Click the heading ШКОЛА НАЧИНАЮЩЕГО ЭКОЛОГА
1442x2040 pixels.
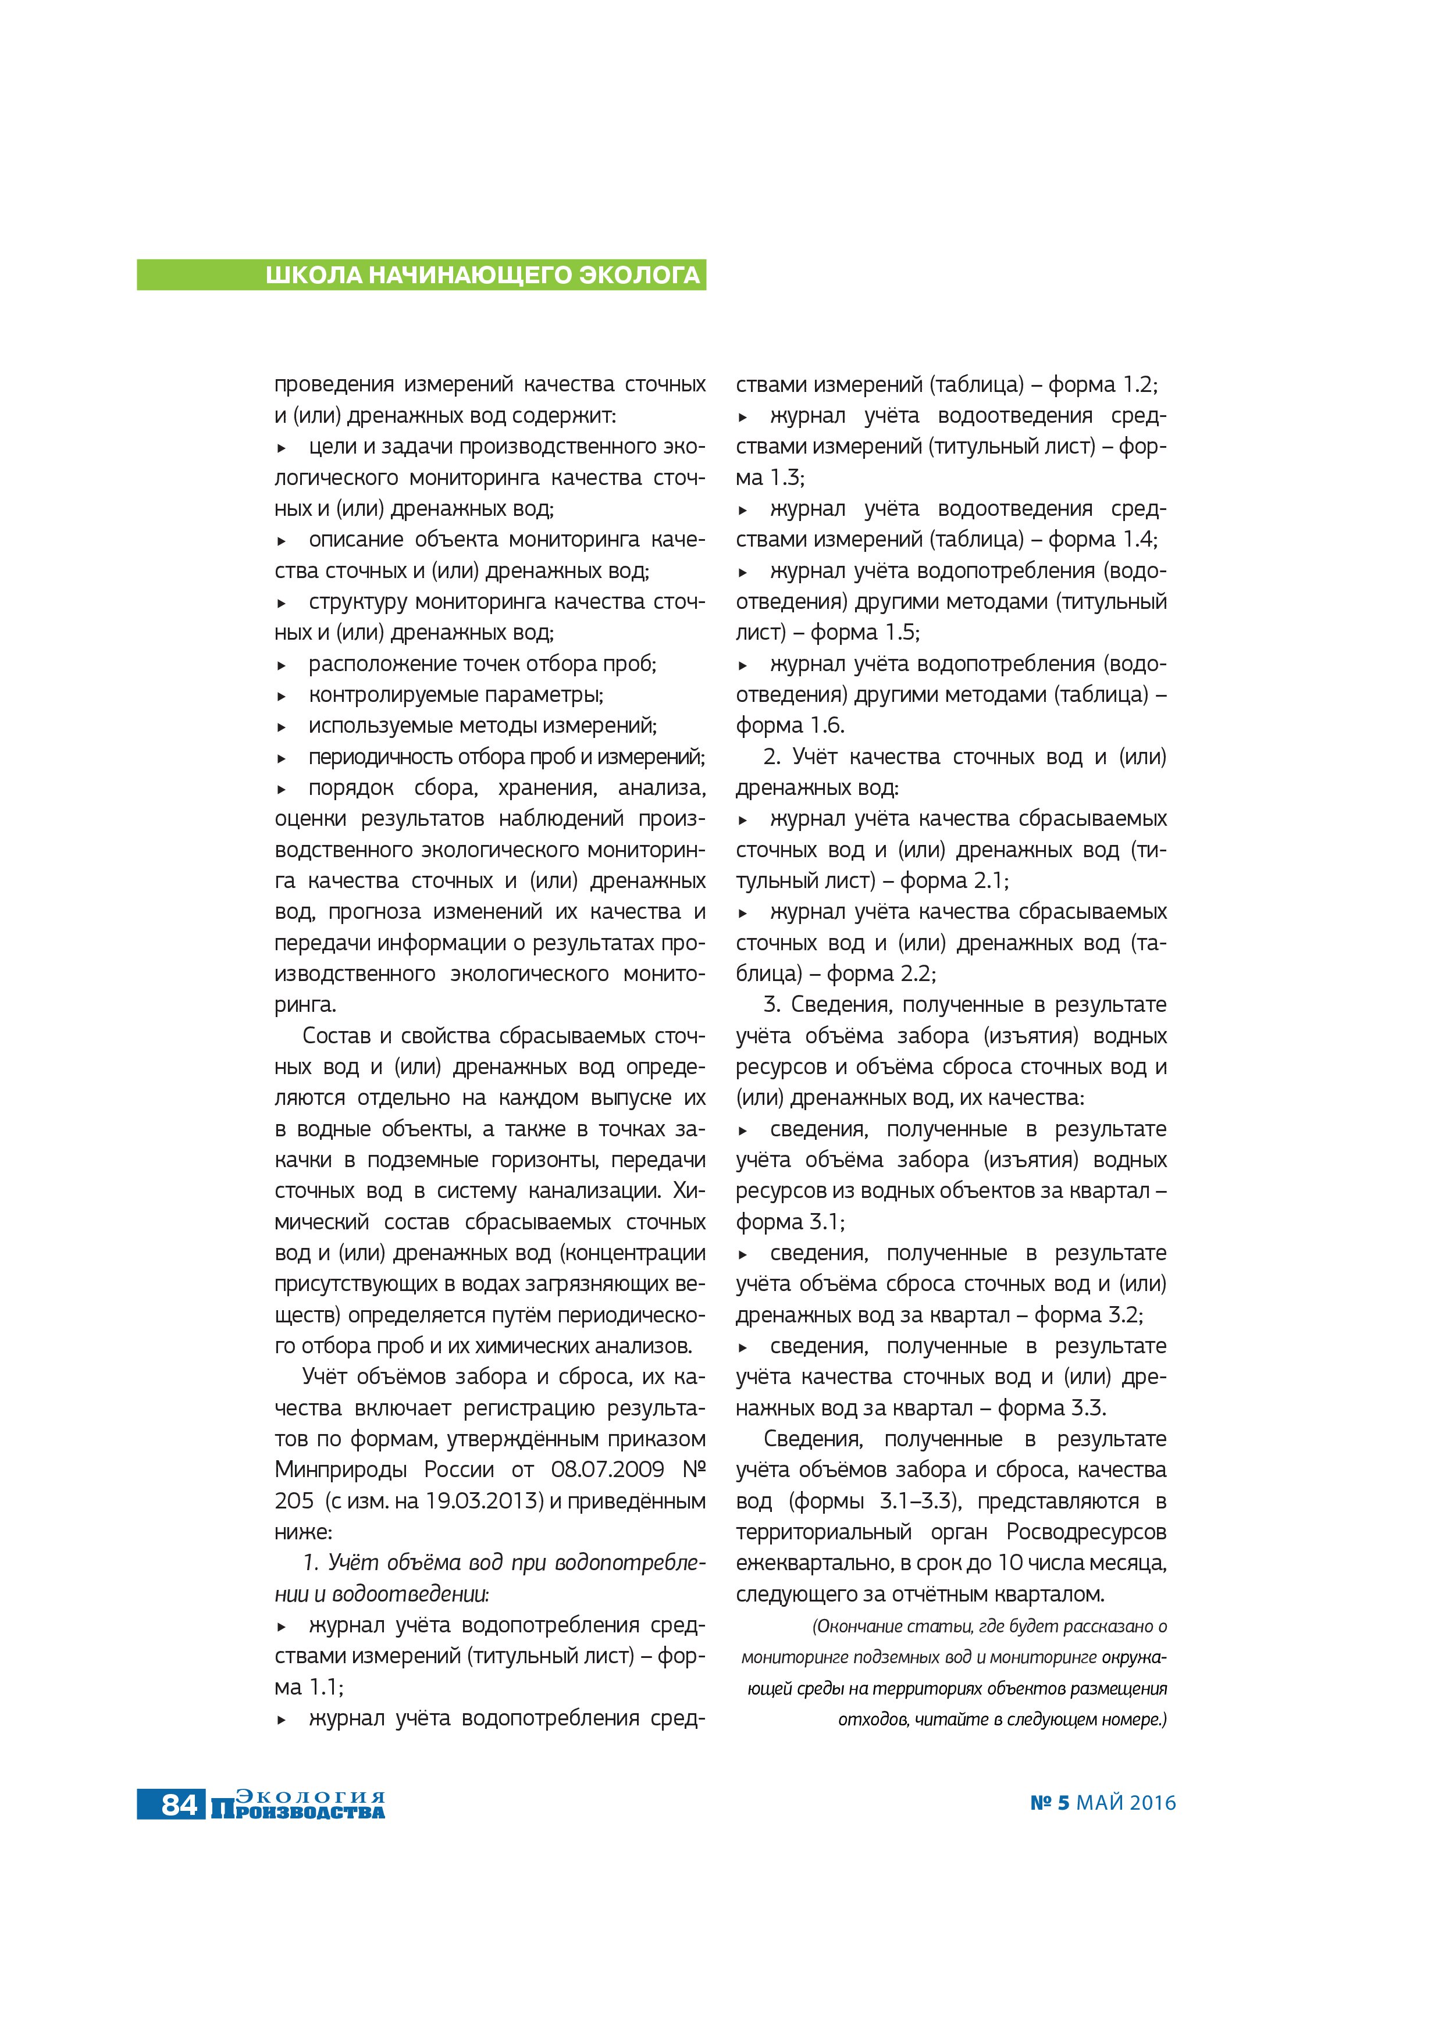click(482, 276)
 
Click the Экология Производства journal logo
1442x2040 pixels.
click(298, 1804)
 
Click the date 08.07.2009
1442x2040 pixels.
click(607, 1470)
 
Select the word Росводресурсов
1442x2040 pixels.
click(1086, 1532)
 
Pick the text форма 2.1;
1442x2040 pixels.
click(954, 880)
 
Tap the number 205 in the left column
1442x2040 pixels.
click(294, 1501)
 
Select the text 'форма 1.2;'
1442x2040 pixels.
click(1103, 385)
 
